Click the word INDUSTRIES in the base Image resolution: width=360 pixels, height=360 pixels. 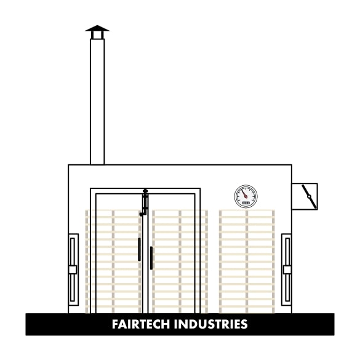tap(210, 324)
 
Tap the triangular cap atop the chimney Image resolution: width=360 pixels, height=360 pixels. tap(97, 28)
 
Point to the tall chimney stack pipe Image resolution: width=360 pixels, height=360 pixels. tap(97, 102)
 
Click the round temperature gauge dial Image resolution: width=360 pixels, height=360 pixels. tap(246, 196)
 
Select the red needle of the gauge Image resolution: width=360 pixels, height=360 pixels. tap(244, 194)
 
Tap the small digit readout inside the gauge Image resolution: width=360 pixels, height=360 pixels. tap(246, 203)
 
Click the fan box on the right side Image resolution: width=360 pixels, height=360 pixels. tap(305, 196)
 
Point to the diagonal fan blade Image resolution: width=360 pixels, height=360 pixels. tap(309, 197)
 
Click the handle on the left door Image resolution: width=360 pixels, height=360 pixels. tap(139, 249)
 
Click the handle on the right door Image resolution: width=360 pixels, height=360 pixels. tap(151, 258)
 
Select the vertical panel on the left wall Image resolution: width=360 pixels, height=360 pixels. tap(73, 270)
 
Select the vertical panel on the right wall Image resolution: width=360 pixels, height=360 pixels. tap(287, 270)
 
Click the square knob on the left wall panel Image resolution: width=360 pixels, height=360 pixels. tap(73, 270)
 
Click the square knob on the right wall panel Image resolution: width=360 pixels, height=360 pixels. tap(287, 270)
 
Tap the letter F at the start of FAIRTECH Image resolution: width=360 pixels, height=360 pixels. tap(115, 324)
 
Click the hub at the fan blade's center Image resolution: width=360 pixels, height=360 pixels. tap(309, 196)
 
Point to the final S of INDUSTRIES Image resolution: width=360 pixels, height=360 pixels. tap(244, 324)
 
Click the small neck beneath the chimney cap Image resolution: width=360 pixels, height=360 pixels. tap(97, 35)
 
